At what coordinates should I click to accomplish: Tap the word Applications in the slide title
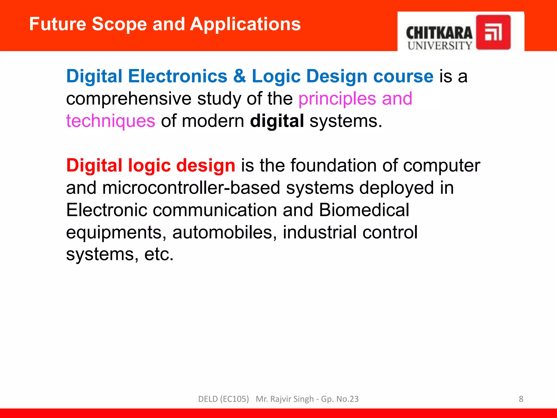point(245,24)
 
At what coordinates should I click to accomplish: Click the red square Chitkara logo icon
point(493,32)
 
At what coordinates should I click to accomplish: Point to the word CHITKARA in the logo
point(439,33)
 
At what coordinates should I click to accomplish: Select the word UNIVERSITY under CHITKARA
point(440,46)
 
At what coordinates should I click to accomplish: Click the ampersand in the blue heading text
point(239,76)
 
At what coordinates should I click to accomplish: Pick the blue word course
point(403,76)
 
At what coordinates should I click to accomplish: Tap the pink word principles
point(337,99)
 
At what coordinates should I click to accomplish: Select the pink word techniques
point(111,121)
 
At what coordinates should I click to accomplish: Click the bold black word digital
point(277,121)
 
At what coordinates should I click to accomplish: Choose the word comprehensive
point(129,99)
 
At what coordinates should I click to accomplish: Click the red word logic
point(149,166)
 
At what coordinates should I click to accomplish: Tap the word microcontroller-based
point(191,188)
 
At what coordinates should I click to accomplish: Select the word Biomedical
point(364,210)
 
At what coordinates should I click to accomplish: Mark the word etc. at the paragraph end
point(159,255)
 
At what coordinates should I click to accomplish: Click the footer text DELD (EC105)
point(223,399)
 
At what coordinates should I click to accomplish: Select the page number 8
point(521,399)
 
